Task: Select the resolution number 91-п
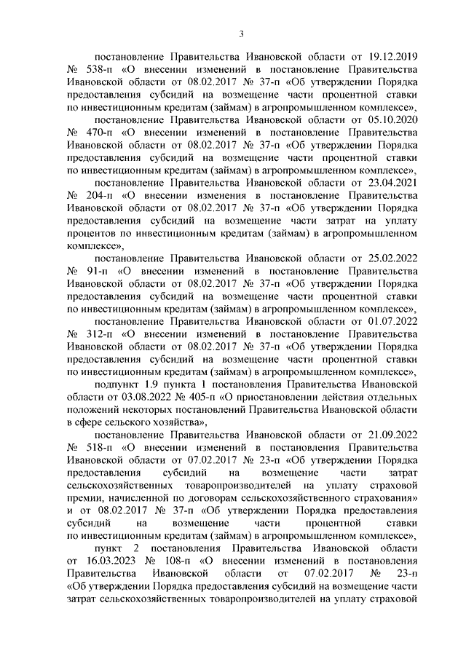point(93,271)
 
